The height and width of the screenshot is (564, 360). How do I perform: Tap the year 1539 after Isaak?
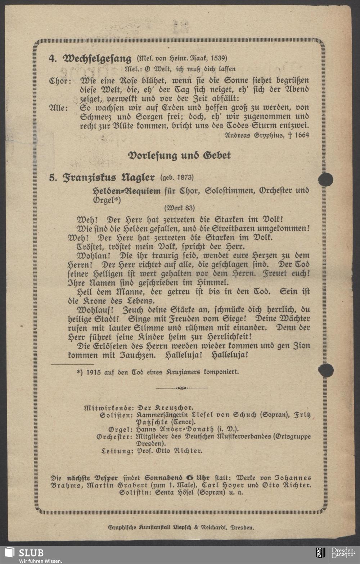click(218, 58)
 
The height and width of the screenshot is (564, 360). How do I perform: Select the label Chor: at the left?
click(60, 81)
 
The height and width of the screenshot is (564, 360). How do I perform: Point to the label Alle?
click(58, 108)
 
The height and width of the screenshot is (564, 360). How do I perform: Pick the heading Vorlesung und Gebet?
click(179, 155)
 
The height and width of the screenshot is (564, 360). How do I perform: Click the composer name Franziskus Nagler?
click(108, 178)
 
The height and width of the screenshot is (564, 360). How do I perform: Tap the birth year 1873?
click(184, 177)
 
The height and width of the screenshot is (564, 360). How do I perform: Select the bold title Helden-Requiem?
click(127, 191)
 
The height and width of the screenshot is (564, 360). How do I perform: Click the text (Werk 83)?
click(179, 208)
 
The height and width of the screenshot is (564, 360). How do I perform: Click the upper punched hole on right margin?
click(325, 179)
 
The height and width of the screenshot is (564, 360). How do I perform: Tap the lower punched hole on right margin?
click(325, 370)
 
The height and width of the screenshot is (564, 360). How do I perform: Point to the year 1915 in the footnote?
click(94, 372)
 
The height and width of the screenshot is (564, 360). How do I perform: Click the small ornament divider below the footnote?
click(181, 388)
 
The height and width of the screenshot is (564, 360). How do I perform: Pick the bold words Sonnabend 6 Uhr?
click(177, 478)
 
